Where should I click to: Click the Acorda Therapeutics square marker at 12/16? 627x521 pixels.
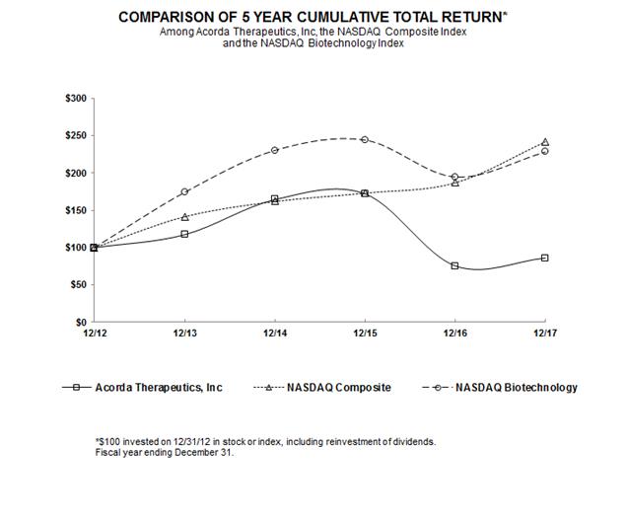[454, 265]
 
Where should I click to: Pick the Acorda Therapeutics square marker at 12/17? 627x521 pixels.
[545, 258]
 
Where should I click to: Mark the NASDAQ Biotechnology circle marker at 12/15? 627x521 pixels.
[365, 139]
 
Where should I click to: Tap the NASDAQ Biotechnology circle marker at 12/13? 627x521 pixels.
[184, 191]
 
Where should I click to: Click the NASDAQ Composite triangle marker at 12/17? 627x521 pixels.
[545, 142]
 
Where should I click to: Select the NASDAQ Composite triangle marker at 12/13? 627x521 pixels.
[184, 217]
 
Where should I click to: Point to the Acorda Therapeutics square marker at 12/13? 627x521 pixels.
[184, 234]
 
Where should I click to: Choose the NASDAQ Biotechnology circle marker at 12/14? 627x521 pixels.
[275, 150]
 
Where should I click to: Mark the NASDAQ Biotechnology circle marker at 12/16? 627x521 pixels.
[454, 178]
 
